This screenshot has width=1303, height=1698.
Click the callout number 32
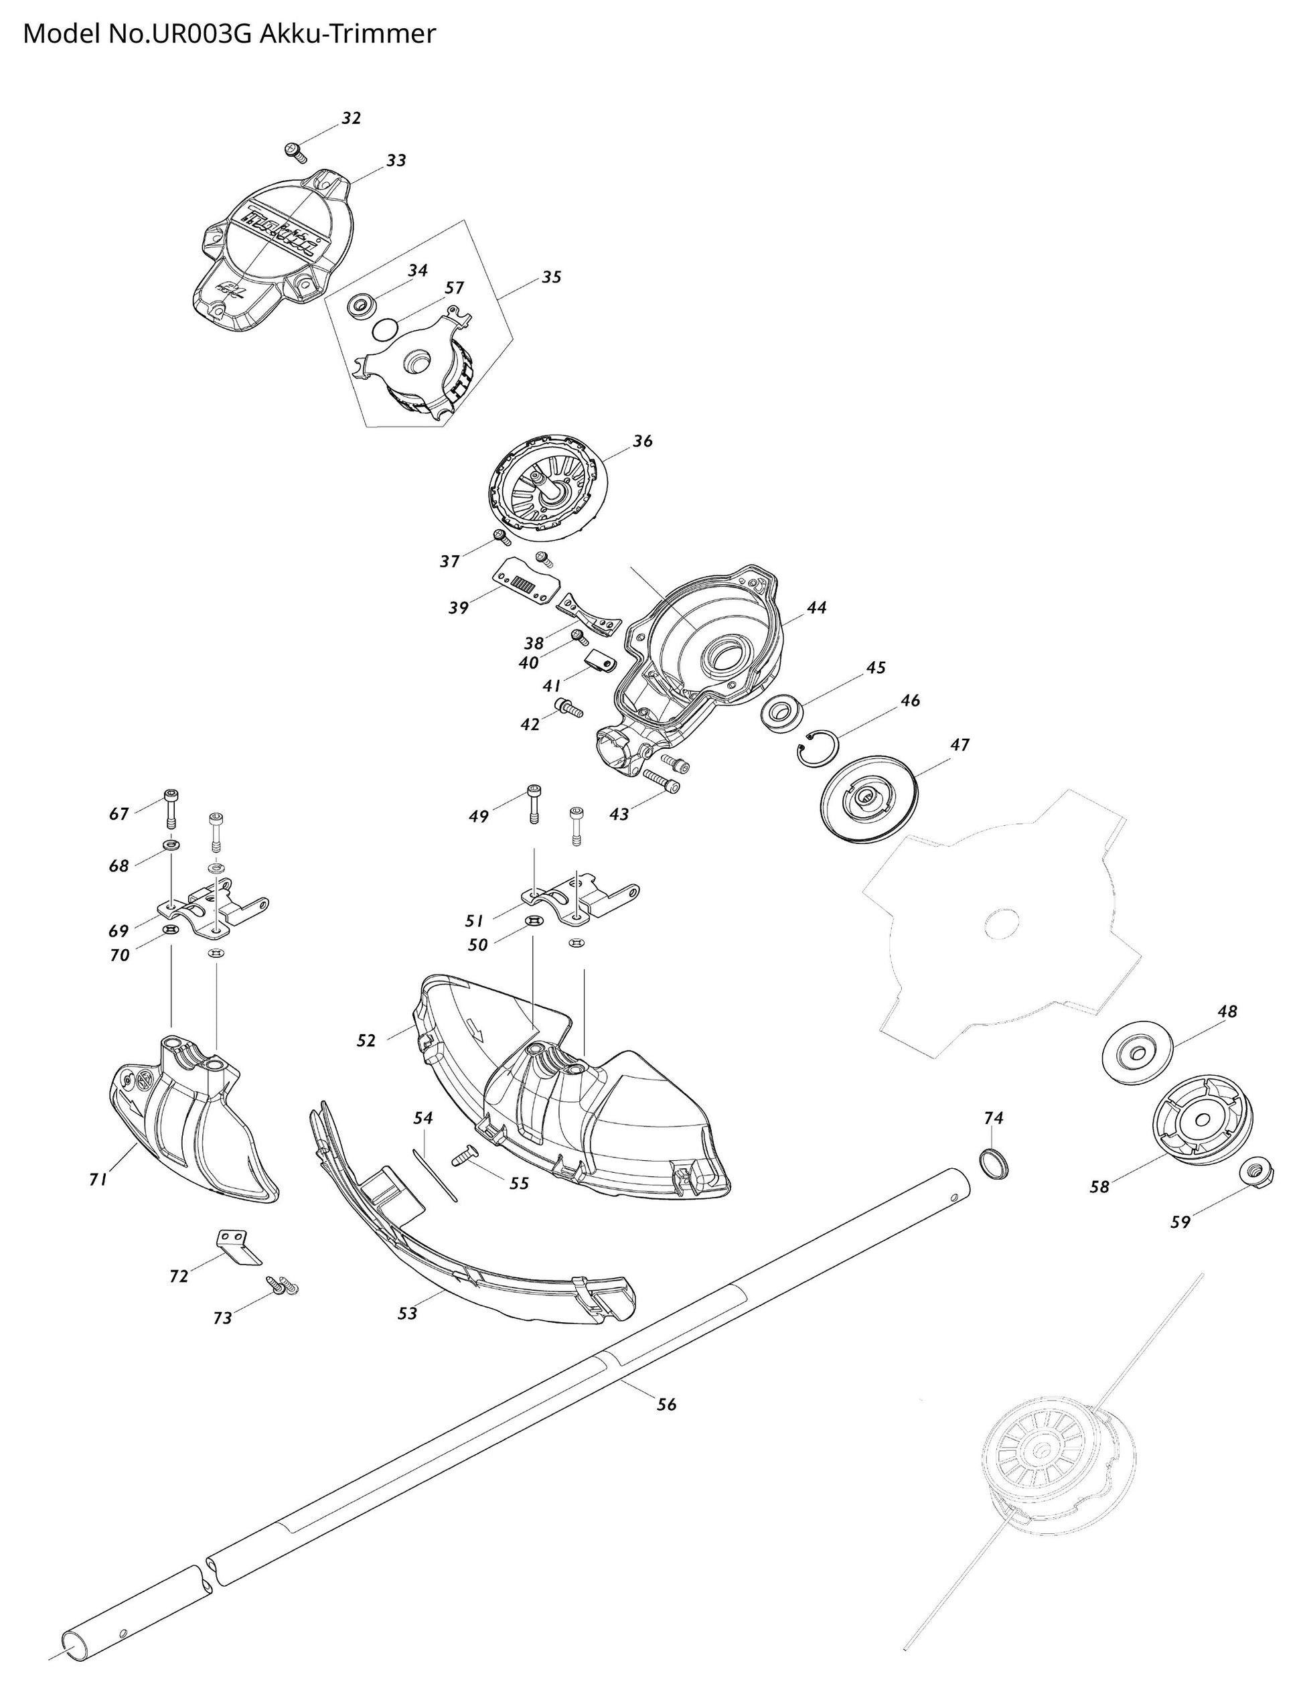[x=352, y=119]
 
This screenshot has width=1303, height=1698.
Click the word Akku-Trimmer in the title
[x=348, y=34]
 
